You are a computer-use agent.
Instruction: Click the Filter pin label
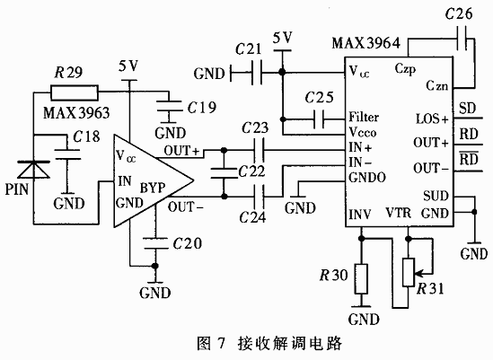[365, 117]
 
